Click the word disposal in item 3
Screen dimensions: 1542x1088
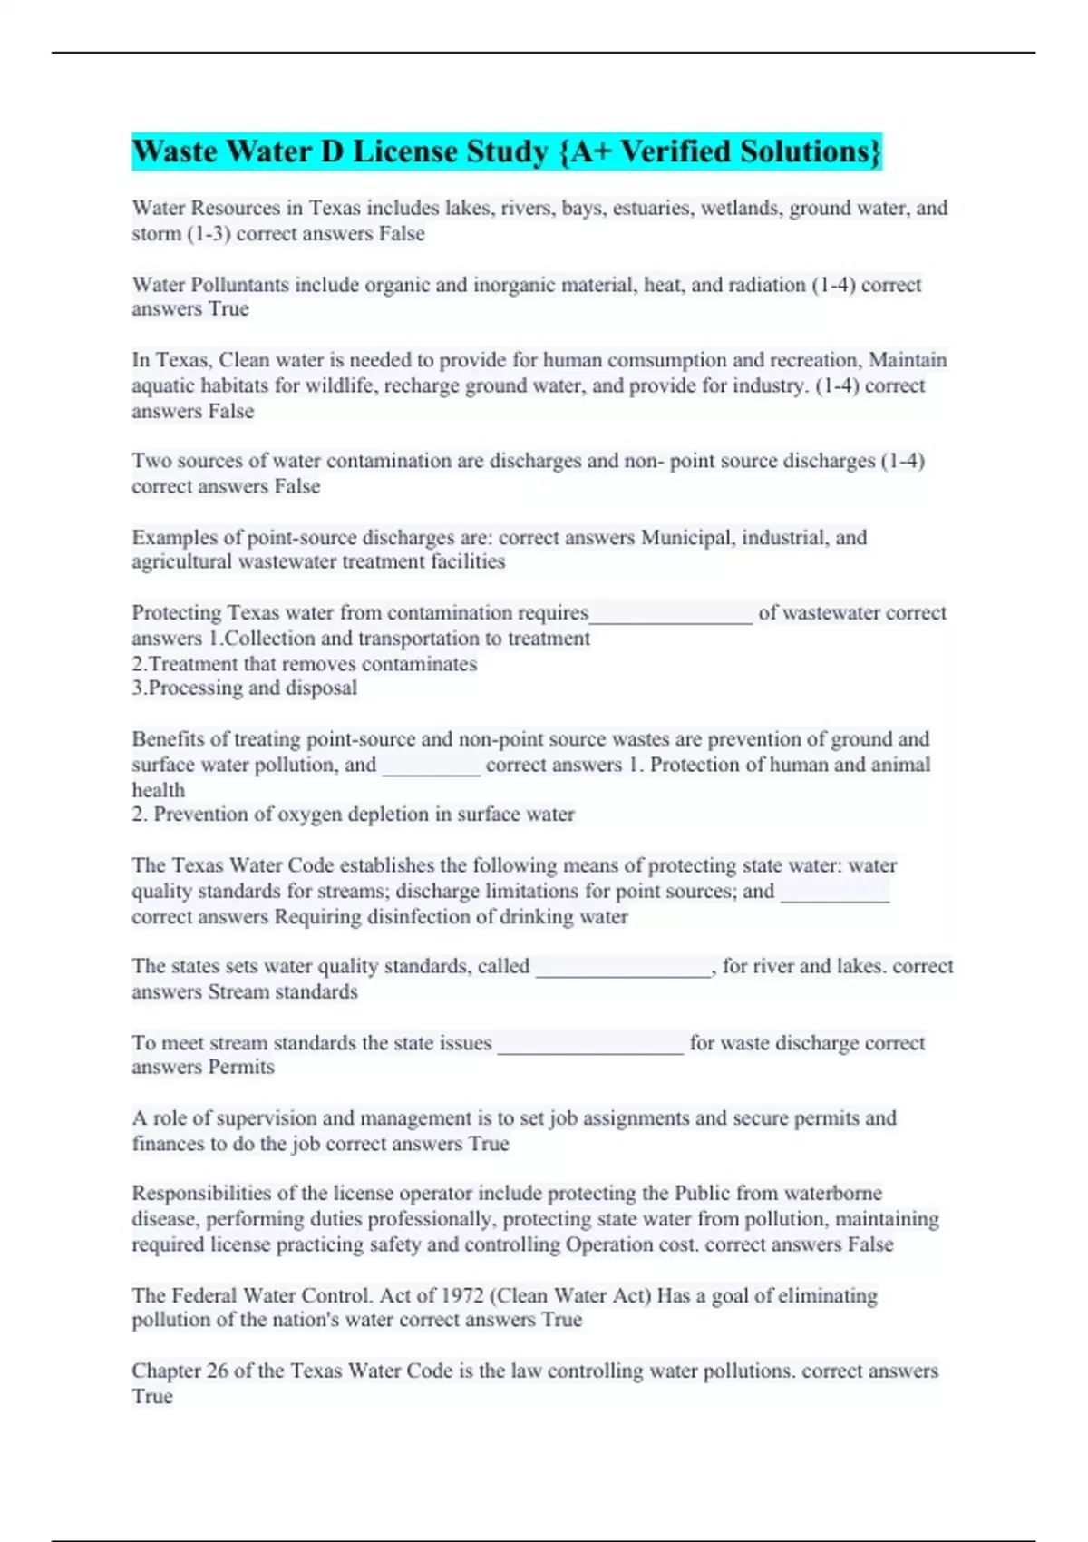[321, 688]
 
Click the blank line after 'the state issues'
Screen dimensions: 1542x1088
[590, 1046]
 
